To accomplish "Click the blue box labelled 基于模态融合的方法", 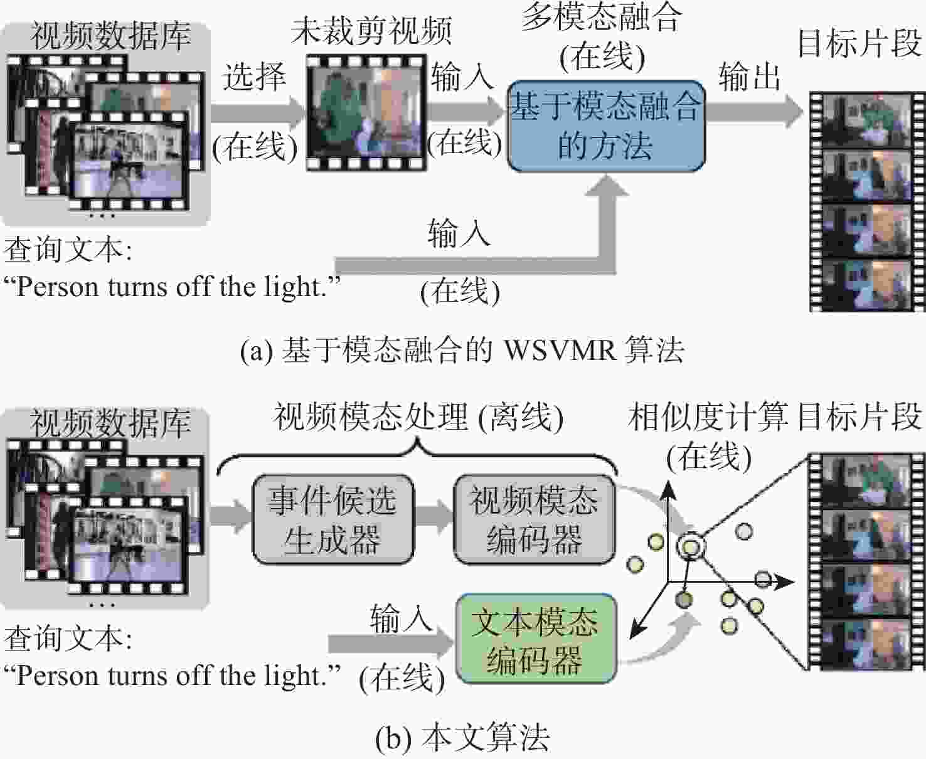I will coord(606,126).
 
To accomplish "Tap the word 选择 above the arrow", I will coord(255,77).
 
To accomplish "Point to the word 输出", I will coord(749,77).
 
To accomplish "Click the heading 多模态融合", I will coord(601,18).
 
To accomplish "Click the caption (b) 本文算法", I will coord(462,737).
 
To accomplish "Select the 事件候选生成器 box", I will coord(333,519).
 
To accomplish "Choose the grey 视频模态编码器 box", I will coord(535,519).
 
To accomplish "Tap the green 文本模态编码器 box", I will coord(536,639).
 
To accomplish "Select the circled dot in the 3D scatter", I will coord(691,547).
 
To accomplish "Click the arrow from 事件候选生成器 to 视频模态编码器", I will coord(434,516).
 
